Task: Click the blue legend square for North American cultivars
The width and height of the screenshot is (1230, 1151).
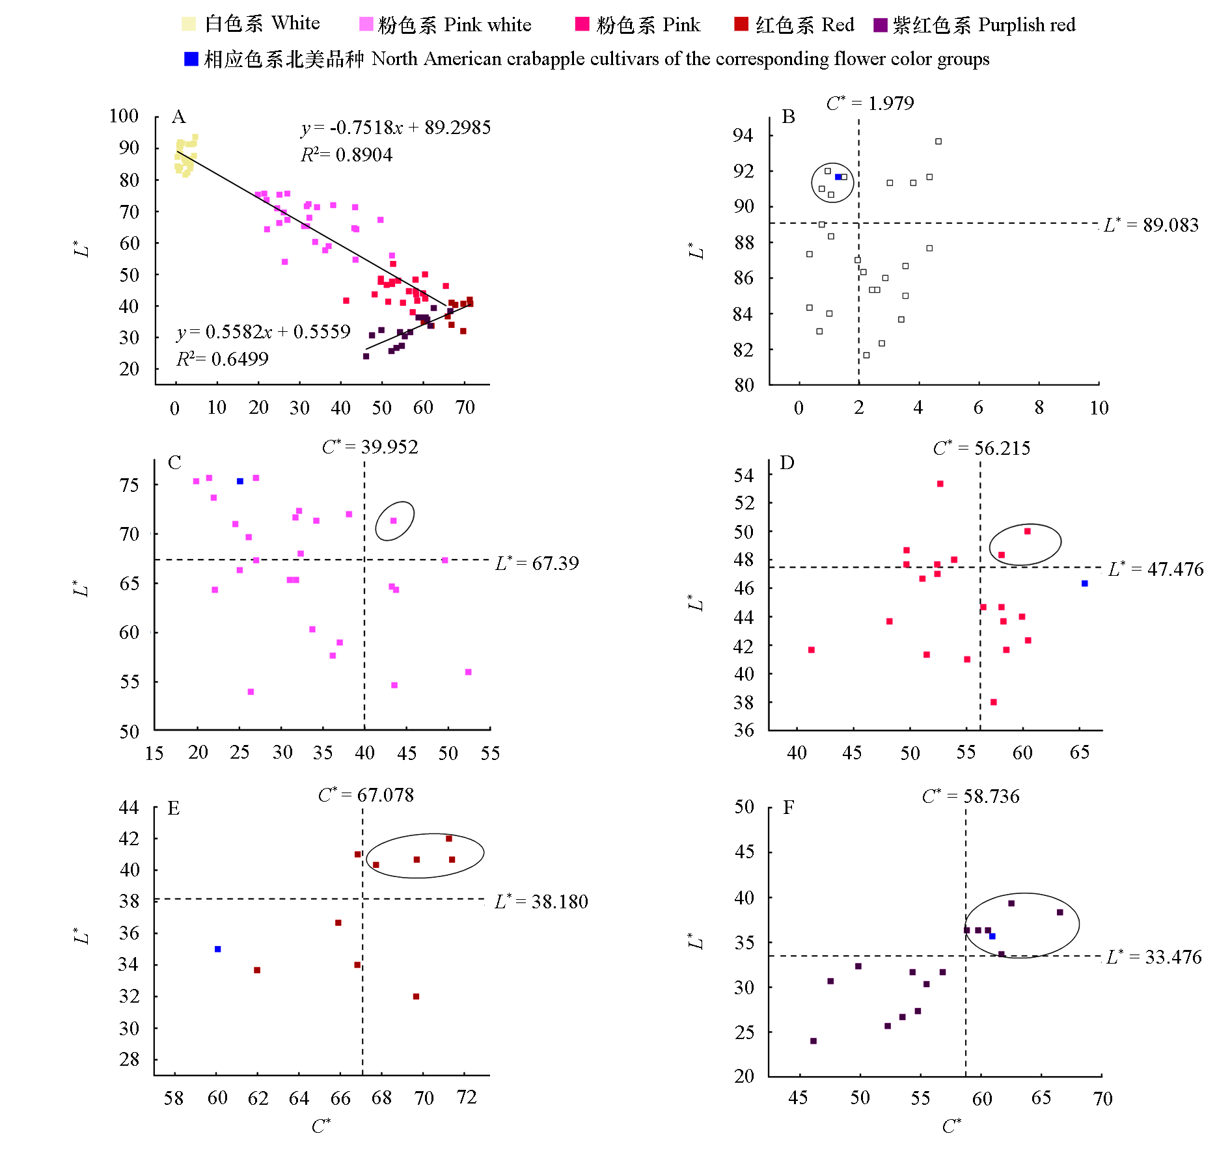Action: click(191, 59)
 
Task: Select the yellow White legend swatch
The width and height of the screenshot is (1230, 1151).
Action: click(188, 24)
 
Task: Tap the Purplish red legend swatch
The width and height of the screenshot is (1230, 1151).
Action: click(880, 25)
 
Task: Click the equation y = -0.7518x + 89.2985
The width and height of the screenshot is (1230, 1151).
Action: click(396, 127)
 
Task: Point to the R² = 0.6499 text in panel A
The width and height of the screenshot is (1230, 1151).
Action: click(222, 359)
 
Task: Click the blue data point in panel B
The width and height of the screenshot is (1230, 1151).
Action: click(838, 177)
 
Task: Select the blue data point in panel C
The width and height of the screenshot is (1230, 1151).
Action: click(240, 481)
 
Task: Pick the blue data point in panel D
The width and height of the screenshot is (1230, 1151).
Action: click(1085, 584)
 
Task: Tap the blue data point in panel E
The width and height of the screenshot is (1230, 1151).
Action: click(218, 949)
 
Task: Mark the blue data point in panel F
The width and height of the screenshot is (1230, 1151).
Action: click(992, 936)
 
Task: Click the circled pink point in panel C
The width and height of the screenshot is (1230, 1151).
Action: click(394, 521)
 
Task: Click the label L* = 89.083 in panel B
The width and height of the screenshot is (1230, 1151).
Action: click(1151, 225)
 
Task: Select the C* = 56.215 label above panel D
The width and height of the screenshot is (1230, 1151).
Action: click(981, 448)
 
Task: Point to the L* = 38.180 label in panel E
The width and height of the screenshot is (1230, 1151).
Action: click(541, 901)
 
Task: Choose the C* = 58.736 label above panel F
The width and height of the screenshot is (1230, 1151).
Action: click(970, 796)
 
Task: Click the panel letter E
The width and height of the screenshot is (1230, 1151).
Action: click(174, 808)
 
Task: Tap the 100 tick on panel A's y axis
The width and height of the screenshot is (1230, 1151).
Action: click(124, 116)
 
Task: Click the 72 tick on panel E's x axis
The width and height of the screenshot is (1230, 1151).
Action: click(467, 1098)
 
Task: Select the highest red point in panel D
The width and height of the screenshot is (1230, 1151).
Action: click(940, 484)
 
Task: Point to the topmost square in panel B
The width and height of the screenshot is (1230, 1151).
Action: click(938, 141)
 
